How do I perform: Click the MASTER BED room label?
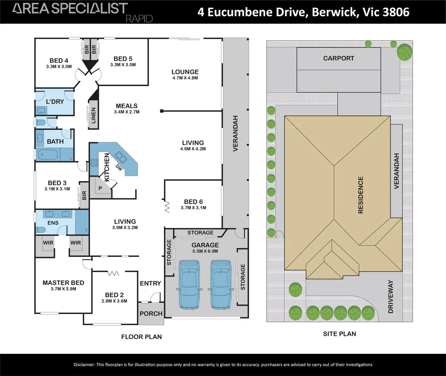click(x=63, y=283)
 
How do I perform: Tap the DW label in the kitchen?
click(x=119, y=168)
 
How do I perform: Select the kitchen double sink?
click(x=121, y=157)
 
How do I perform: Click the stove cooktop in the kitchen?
click(x=94, y=163)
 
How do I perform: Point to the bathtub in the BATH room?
click(x=48, y=155)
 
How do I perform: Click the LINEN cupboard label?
click(x=94, y=116)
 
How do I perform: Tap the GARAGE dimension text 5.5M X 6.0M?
click(x=205, y=251)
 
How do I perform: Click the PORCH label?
click(x=151, y=313)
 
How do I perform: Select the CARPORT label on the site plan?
click(x=339, y=58)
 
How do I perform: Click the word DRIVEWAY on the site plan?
click(x=391, y=297)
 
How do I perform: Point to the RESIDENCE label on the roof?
click(x=361, y=195)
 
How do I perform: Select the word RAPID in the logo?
click(x=139, y=19)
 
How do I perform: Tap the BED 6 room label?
click(x=193, y=202)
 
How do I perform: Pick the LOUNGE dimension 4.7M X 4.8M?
click(x=185, y=78)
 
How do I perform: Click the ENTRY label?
click(x=151, y=283)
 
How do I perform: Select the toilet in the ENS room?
click(x=41, y=230)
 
